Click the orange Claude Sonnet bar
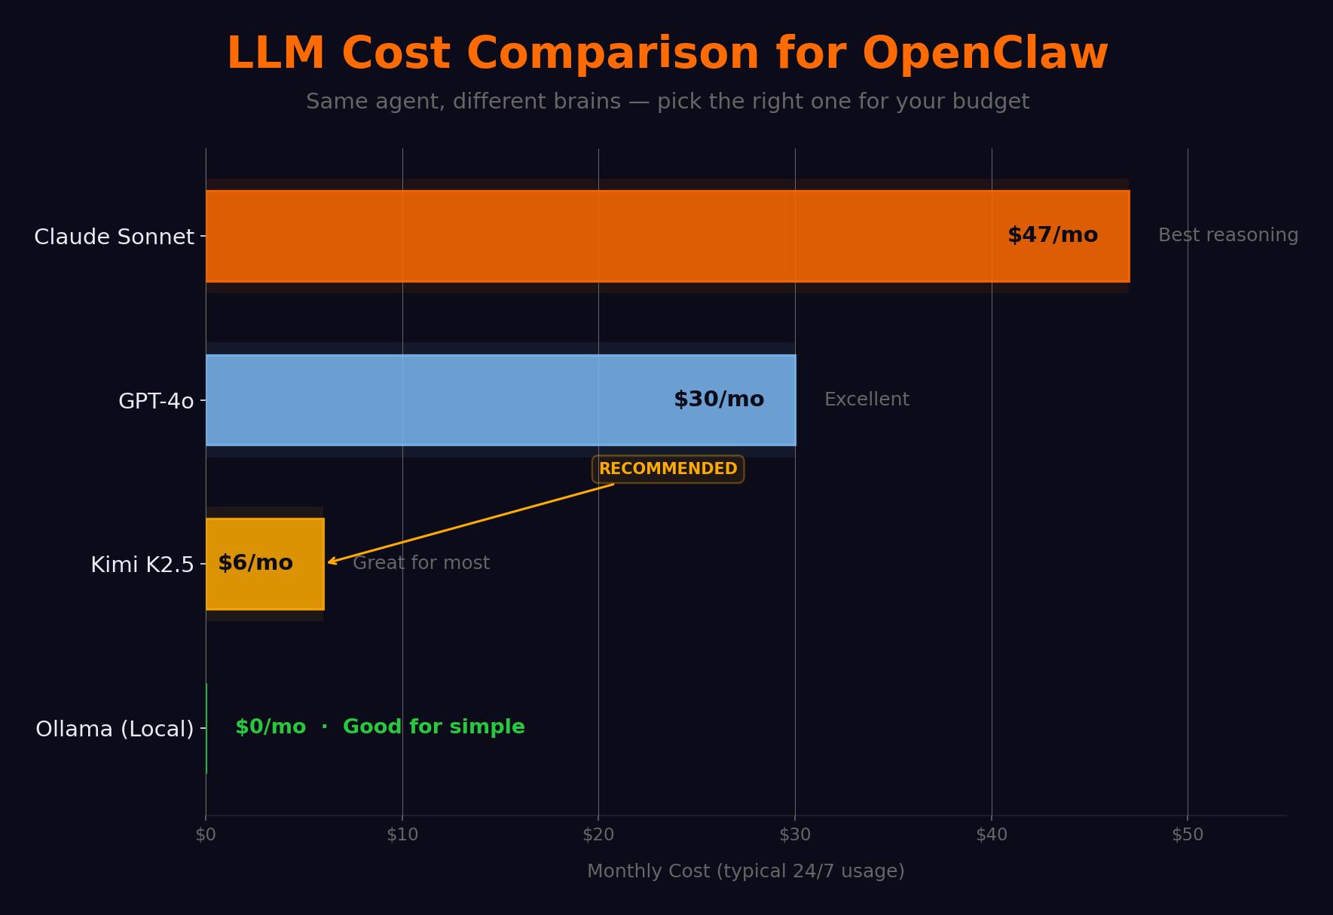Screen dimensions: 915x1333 pyautogui.click(x=603, y=236)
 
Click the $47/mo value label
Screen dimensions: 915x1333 pyautogui.click(x=1053, y=235)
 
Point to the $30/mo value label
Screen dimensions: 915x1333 pyautogui.click(x=719, y=399)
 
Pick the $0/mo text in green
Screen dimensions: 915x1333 pyautogui.click(x=271, y=727)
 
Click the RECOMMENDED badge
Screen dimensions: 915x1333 pyautogui.click(x=668, y=469)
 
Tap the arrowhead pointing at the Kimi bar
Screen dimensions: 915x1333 pyautogui.click(x=331, y=562)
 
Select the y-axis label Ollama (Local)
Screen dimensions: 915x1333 pyautogui.click(x=115, y=729)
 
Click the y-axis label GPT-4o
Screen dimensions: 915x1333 pyautogui.click(x=156, y=401)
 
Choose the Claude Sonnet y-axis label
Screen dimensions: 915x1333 pyautogui.click(x=114, y=237)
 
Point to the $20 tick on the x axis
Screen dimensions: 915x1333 pyautogui.click(x=598, y=834)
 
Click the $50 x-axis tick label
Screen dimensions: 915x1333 pyautogui.click(x=1188, y=834)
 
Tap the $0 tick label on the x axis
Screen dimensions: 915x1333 pyautogui.click(x=206, y=834)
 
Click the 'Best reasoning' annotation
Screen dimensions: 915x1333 pyautogui.click(x=1228, y=235)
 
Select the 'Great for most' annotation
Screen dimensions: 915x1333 pyautogui.click(x=421, y=563)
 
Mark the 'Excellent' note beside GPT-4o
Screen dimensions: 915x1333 pyautogui.click(x=867, y=399)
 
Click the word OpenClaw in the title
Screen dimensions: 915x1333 pyautogui.click(x=985, y=54)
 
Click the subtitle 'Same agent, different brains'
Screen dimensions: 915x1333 pyautogui.click(x=463, y=102)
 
